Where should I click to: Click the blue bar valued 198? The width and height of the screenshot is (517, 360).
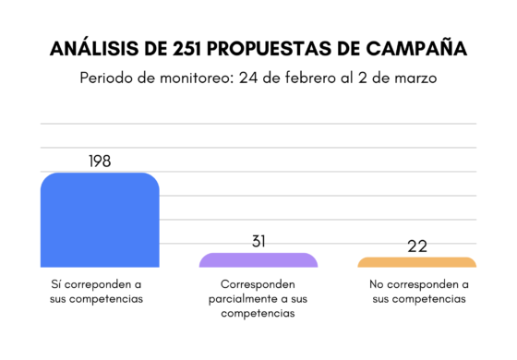point(100,220)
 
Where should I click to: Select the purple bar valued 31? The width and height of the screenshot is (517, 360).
point(258,260)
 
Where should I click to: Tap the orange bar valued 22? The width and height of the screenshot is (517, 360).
point(417,263)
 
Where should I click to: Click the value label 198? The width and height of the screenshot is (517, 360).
point(100,161)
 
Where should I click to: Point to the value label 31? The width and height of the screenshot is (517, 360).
point(258,241)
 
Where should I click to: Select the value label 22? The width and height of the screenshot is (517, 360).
point(417,246)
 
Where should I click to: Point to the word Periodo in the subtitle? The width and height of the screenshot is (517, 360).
point(109,78)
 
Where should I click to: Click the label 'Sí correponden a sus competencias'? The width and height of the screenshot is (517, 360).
point(97,292)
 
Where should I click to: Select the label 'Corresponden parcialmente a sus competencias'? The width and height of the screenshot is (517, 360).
point(258,299)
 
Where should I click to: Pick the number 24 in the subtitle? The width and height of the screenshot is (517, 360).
point(249,78)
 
